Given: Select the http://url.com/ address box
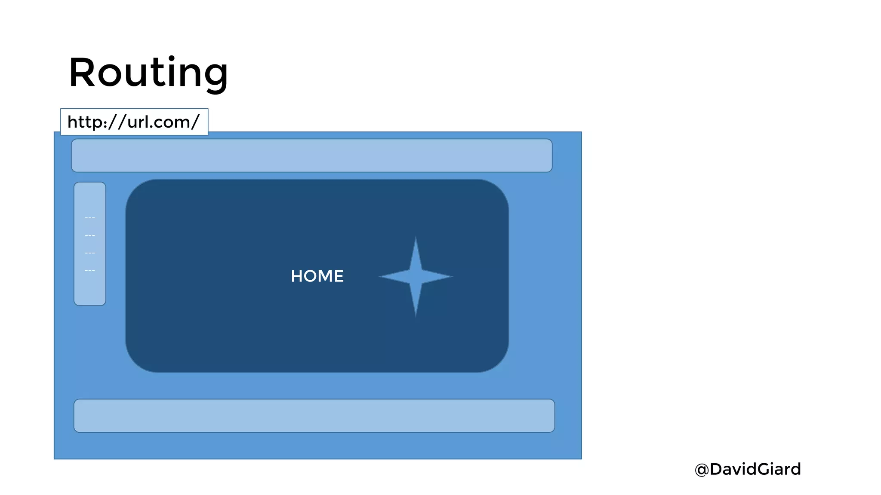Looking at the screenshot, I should coord(134,122).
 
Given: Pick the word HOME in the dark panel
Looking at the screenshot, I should coord(317,276).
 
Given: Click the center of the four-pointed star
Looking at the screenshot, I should coord(416,276).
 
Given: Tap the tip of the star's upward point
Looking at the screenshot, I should coord(416,237).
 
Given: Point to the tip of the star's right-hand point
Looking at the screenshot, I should coord(452,276).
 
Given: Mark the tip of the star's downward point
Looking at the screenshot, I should coord(416,316).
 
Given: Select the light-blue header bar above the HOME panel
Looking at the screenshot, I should coord(311,156).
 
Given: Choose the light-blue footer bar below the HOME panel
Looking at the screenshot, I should coord(314,416).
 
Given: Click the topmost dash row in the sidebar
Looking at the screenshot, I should coord(90,218).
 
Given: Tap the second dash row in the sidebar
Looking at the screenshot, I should coord(90,235).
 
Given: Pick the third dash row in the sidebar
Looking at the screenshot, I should coord(90,253).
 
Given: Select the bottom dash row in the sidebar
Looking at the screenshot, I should coord(90,271).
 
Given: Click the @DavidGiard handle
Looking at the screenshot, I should coord(748,469).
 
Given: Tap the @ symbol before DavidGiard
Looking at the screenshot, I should coord(702,470).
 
